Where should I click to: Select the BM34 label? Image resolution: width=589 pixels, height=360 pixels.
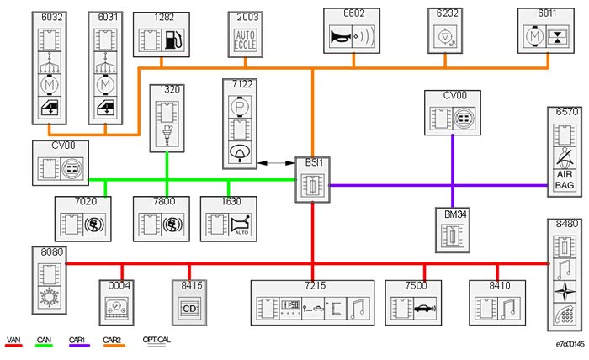[456, 214]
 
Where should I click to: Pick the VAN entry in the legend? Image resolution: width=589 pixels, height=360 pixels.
[14, 340]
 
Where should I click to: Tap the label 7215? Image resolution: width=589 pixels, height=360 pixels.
[315, 286]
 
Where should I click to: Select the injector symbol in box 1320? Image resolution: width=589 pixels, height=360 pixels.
[167, 135]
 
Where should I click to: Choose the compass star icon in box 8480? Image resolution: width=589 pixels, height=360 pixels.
[564, 292]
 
